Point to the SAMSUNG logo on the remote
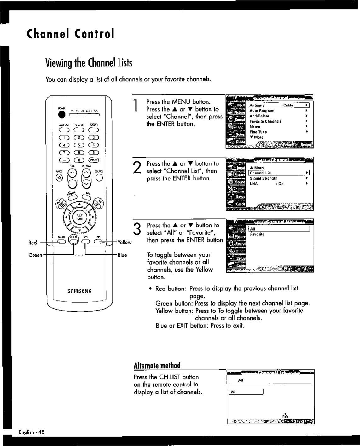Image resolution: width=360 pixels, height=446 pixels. pos(80,291)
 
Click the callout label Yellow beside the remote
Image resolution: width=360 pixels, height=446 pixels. pos(125,242)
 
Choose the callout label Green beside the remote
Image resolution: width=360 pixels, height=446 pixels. pos(35,255)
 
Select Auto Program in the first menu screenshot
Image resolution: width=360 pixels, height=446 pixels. pos(262,111)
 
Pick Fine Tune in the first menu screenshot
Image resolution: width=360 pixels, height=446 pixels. pos(258,132)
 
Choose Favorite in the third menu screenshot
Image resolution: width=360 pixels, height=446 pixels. pos(257,234)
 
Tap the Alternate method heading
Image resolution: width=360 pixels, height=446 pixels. pos(157,366)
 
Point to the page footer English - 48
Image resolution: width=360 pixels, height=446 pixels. pos(32,432)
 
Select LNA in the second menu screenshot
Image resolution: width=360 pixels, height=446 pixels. pos(253,184)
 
